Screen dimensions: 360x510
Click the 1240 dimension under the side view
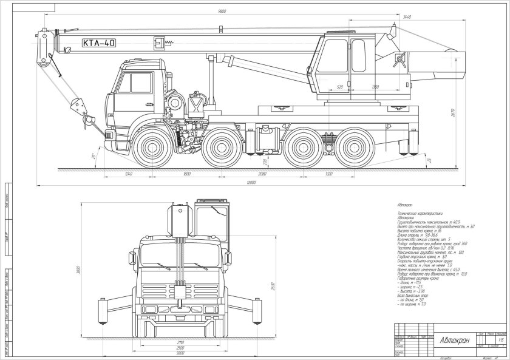tap(127, 174)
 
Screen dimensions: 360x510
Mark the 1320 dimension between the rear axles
tap(328, 174)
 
